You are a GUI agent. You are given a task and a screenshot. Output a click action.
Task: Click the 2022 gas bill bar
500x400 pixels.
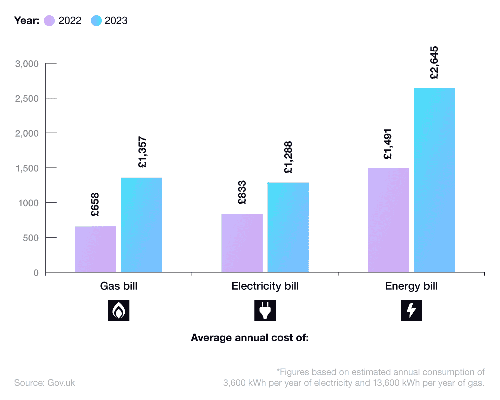[96, 249]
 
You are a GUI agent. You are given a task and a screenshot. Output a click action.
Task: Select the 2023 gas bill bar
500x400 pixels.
[142, 225]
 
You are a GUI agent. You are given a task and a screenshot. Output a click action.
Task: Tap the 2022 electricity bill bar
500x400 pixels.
[242, 243]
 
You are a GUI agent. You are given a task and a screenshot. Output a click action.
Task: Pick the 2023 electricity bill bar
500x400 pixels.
[288, 227]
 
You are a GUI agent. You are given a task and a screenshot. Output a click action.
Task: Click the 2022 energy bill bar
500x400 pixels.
[388, 220]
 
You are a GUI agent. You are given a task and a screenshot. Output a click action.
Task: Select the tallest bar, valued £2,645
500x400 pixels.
[434, 180]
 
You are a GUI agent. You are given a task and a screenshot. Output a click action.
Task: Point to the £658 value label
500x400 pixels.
[95, 205]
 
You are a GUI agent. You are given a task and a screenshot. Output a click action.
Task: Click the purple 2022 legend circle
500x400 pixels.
[49, 21]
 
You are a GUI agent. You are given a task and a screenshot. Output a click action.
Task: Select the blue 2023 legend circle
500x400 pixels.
[96, 21]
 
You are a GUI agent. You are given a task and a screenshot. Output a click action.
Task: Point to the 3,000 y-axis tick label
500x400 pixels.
[27, 64]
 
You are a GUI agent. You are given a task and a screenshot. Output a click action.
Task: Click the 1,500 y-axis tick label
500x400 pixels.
[27, 168]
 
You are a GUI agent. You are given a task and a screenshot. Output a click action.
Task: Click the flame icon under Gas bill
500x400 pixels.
[119, 310]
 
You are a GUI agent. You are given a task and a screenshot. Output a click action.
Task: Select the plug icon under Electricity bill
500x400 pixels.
[265, 310]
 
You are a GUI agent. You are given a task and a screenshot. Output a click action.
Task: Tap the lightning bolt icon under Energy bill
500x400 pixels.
[411, 310]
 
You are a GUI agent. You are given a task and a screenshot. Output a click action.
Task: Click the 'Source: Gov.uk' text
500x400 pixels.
[45, 383]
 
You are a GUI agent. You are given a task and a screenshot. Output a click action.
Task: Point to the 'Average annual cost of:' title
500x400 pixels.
[250, 338]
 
